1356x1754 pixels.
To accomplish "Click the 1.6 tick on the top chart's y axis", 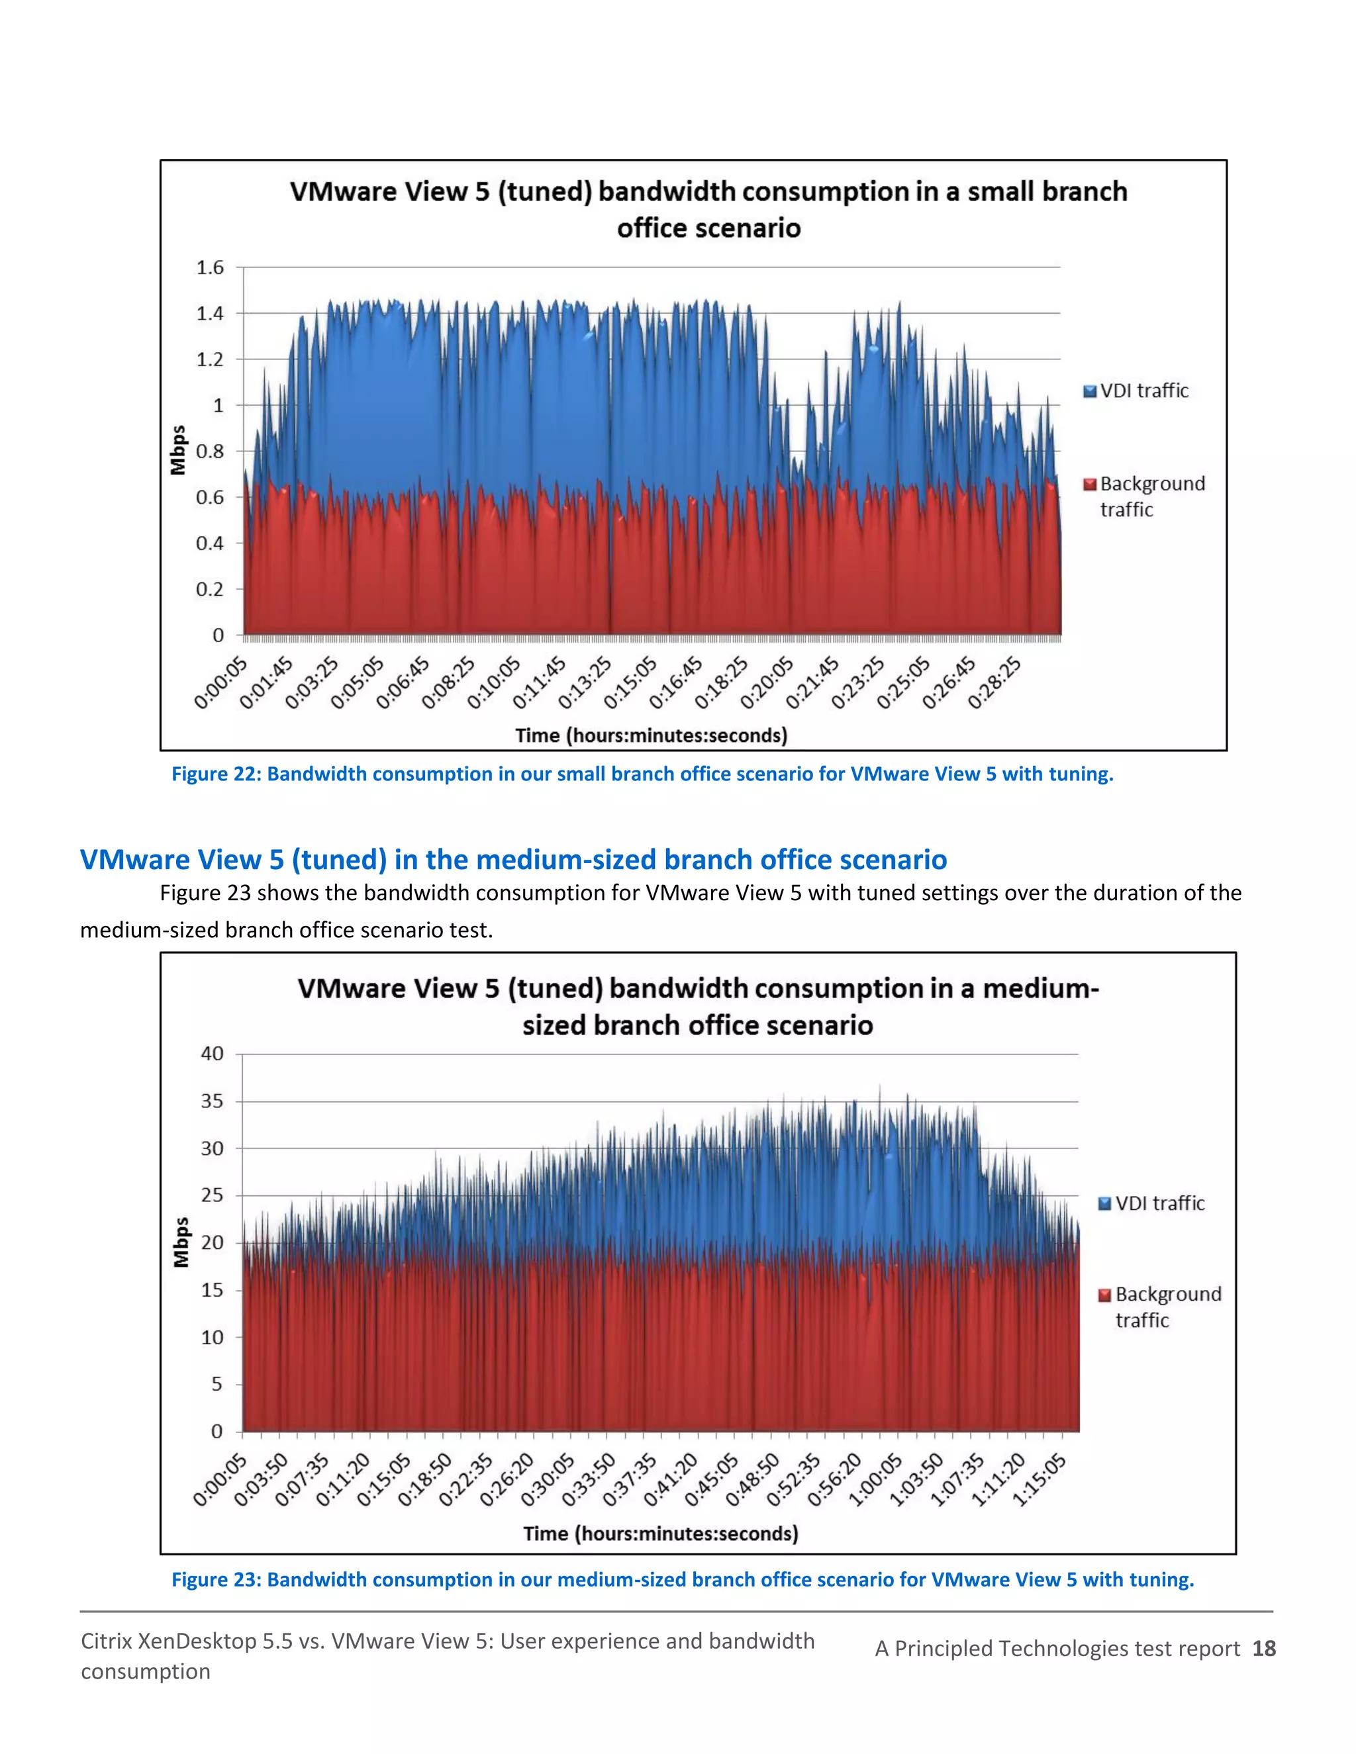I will pos(210,267).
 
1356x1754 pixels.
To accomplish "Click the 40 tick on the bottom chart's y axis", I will pos(212,1054).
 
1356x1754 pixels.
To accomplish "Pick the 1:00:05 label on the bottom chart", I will pos(877,1480).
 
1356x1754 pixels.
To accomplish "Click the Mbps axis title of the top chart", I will pos(178,449).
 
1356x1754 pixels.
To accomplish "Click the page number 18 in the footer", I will pos(1263,1649).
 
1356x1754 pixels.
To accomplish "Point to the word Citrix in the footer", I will pos(106,1641).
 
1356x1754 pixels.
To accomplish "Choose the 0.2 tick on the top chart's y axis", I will pos(210,590).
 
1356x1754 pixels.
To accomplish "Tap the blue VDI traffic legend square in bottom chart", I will pos(1104,1203).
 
